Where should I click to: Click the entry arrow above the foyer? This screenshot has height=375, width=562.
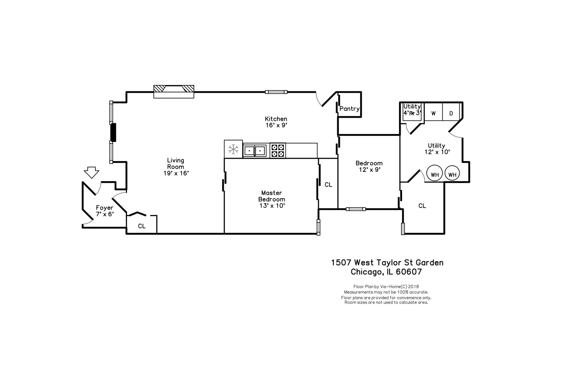pyautogui.click(x=91, y=173)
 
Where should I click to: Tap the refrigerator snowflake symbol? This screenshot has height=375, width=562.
pyautogui.click(x=233, y=149)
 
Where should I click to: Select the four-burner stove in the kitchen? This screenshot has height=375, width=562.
pyautogui.click(x=278, y=150)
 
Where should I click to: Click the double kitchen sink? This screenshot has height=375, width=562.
pyautogui.click(x=255, y=151)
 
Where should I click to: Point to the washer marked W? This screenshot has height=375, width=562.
pyautogui.click(x=433, y=113)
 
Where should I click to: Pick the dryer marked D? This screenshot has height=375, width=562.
pyautogui.click(x=451, y=113)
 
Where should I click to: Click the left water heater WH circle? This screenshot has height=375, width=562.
pyautogui.click(x=435, y=173)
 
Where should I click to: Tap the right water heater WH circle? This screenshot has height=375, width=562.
pyautogui.click(x=452, y=173)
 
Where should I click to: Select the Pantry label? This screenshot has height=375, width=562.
pyautogui.click(x=349, y=109)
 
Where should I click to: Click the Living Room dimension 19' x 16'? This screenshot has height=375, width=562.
pyautogui.click(x=176, y=173)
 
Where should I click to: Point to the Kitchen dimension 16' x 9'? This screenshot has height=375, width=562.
pyautogui.click(x=276, y=125)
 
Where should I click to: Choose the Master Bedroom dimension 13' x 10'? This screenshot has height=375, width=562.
pyautogui.click(x=272, y=206)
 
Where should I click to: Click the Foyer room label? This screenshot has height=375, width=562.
pyautogui.click(x=105, y=208)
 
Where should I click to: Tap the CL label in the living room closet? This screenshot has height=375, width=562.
pyautogui.click(x=142, y=226)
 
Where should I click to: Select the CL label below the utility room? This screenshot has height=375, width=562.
pyautogui.click(x=422, y=206)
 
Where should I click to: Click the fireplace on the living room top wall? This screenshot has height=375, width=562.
pyautogui.click(x=173, y=92)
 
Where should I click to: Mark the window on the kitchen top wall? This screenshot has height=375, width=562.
pyautogui.click(x=276, y=92)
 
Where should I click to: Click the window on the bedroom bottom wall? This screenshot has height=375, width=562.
pyautogui.click(x=356, y=209)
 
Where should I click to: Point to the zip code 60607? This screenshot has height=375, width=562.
pyautogui.click(x=409, y=272)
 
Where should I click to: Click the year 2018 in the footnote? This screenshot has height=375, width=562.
pyautogui.click(x=414, y=286)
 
